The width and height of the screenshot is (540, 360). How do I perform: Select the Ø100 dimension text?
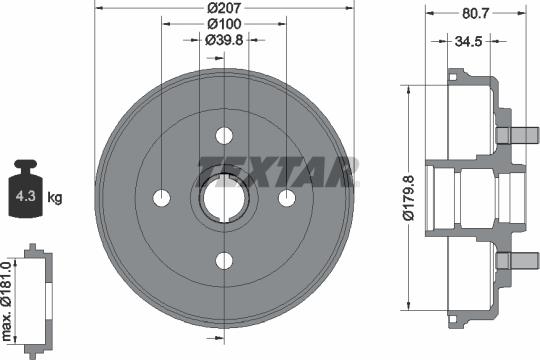[x=223, y=23]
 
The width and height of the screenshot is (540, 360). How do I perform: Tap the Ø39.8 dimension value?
[x=223, y=40]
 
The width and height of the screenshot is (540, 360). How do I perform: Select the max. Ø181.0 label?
[x=8, y=295]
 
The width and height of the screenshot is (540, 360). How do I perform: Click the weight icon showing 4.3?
[x=21, y=188]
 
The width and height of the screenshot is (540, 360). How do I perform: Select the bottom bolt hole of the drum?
[x=223, y=261]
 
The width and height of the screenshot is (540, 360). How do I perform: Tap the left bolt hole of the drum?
[x=160, y=197]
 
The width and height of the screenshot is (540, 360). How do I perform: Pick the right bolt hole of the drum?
[x=287, y=197]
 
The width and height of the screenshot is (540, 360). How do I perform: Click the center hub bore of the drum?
[x=223, y=197]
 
